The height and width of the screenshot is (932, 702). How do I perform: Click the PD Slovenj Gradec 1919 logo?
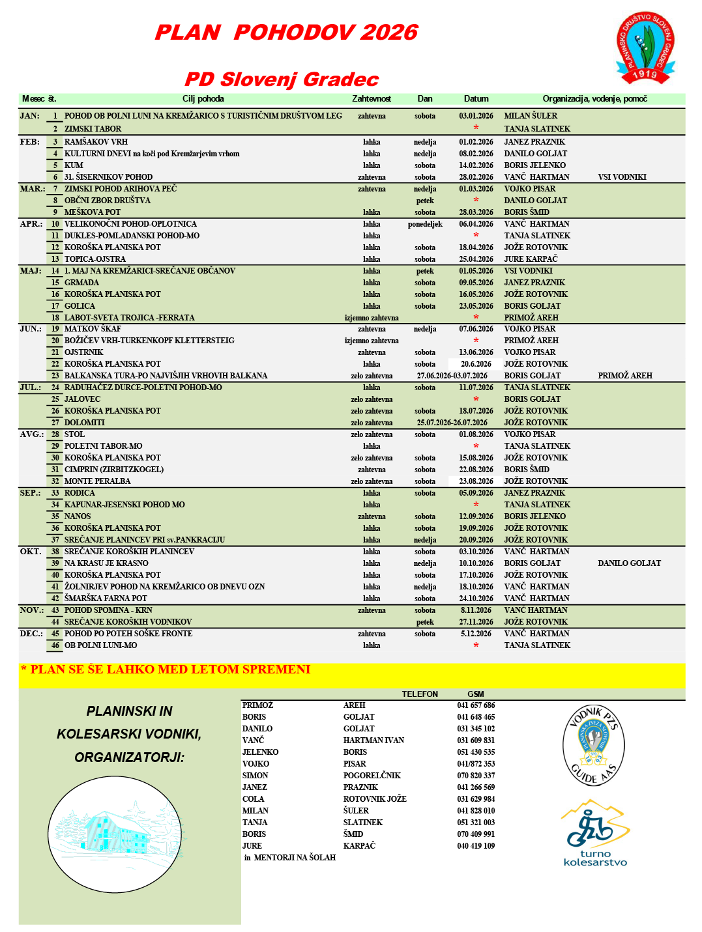click(x=645, y=48)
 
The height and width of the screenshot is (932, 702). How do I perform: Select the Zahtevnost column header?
click(x=372, y=99)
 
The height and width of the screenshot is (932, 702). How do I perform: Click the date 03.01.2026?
click(x=476, y=116)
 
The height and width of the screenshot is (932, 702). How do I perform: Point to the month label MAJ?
click(x=30, y=271)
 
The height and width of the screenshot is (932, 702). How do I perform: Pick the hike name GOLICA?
click(x=80, y=306)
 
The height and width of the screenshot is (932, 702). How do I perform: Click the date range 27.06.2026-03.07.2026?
click(x=452, y=376)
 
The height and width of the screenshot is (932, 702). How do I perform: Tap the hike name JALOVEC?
click(x=82, y=399)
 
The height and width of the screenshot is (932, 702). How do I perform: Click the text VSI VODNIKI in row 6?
click(x=622, y=177)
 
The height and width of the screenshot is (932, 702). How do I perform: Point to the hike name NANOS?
click(x=78, y=516)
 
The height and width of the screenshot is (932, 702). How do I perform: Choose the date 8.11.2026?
click(x=476, y=610)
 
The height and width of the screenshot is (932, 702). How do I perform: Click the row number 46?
click(x=55, y=645)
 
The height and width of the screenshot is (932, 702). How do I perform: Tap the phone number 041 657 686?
click(x=476, y=705)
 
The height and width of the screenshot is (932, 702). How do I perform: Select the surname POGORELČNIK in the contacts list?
click(x=372, y=776)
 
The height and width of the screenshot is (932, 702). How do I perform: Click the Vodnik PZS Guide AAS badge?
click(x=593, y=744)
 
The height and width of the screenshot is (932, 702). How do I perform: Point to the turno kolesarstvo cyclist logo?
click(x=595, y=833)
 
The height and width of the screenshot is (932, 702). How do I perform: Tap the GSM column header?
click(x=476, y=694)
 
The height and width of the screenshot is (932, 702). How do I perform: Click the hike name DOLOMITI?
click(x=85, y=423)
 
